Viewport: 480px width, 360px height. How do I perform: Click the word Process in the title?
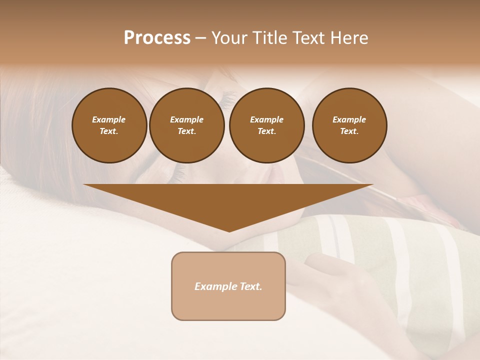click(157, 38)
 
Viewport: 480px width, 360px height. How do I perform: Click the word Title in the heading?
click(269, 38)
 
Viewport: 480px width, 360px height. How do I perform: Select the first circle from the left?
click(109, 125)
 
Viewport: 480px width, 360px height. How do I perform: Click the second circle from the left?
click(186, 125)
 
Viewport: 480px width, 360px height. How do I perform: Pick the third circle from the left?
click(266, 125)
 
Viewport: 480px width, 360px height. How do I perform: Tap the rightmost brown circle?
click(349, 125)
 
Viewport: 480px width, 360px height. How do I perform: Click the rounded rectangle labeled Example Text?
click(228, 286)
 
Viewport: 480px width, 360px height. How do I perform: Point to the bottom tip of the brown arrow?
click(229, 231)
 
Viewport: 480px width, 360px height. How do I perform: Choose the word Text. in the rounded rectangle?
click(250, 286)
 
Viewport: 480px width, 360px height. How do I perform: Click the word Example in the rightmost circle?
click(349, 119)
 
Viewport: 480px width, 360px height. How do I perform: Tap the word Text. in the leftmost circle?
click(109, 131)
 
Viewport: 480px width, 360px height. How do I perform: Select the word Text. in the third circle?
click(266, 131)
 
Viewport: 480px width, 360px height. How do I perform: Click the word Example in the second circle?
click(186, 119)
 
